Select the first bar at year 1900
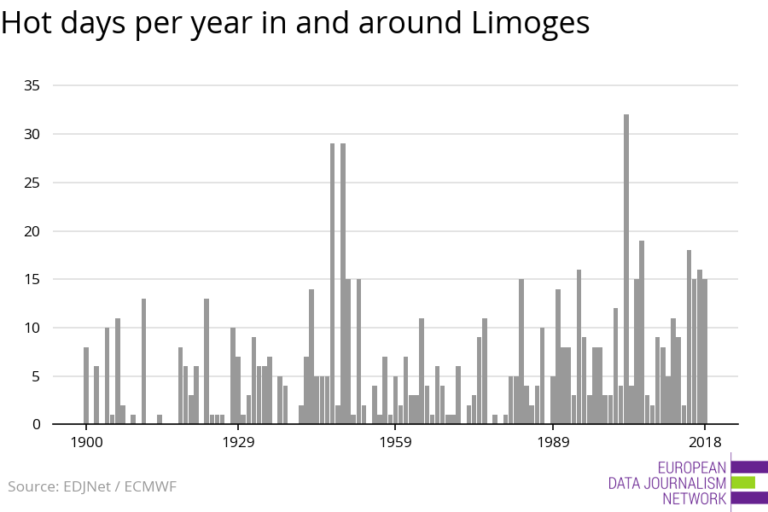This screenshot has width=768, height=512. click(86, 385)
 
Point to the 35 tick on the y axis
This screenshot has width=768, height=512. click(32, 86)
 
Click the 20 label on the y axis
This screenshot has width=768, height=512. click(32, 231)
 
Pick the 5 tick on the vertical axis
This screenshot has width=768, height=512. click(36, 376)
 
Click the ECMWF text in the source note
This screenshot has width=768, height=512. click(150, 487)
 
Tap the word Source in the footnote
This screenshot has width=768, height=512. click(32, 487)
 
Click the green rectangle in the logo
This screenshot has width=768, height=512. click(743, 482)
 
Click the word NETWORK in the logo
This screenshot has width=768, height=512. click(695, 499)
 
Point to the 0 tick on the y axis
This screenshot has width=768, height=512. click(36, 425)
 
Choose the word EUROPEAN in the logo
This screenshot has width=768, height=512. click(692, 468)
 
